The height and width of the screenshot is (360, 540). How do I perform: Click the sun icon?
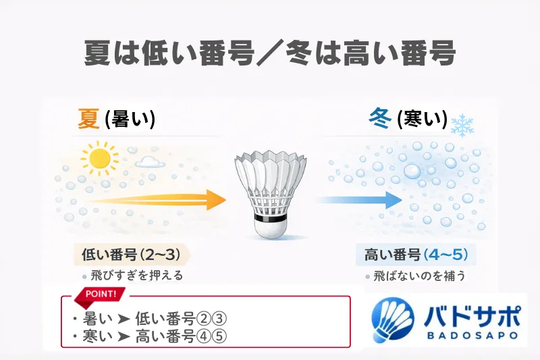[x=99, y=158]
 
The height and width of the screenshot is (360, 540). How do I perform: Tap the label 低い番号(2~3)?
[x=128, y=255]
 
